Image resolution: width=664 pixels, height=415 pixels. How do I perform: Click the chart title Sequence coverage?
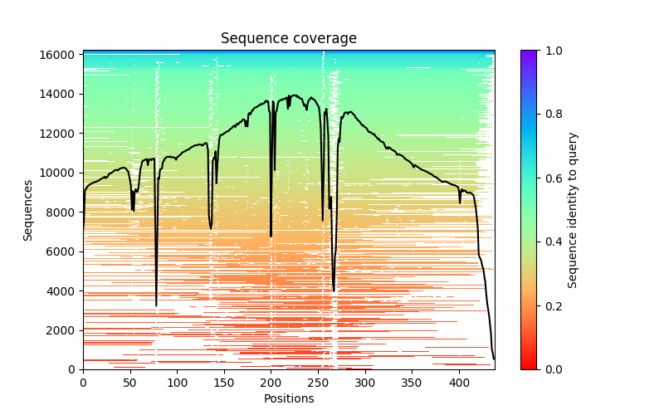pos(288,39)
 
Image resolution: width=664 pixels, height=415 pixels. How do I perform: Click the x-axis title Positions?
pos(288,398)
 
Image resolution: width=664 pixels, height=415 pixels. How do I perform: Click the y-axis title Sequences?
pos(28,210)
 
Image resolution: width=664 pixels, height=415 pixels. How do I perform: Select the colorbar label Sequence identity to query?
pos(573,210)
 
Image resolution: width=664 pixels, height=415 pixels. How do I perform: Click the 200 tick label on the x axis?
pos(271,383)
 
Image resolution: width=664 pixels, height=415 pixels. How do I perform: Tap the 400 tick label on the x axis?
pos(459,383)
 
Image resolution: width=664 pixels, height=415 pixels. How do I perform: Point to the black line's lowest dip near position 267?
pos(334,290)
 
